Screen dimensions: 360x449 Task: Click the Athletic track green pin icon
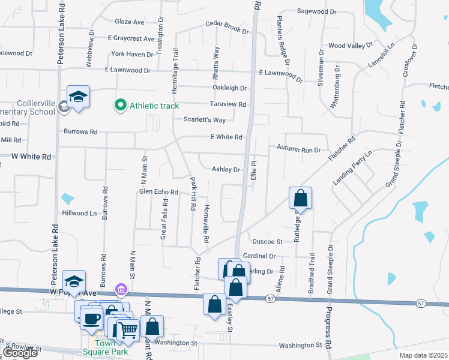(120, 106)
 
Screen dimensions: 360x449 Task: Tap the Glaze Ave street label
(129, 22)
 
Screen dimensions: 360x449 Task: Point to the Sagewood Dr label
(316, 11)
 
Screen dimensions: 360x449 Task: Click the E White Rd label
(226, 137)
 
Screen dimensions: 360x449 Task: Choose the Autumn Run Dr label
(299, 148)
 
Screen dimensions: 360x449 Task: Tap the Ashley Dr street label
(226, 169)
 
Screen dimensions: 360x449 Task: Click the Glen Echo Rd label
(158, 192)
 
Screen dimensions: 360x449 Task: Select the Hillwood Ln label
(79, 213)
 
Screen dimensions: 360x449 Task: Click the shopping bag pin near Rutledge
(301, 198)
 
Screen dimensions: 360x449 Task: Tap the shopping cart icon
(128, 329)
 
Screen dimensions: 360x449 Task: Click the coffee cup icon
(91, 318)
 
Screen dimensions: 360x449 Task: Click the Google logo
(19, 353)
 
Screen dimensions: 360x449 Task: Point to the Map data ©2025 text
(423, 355)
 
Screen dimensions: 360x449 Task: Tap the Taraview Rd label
(228, 104)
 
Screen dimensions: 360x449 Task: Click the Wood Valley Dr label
(348, 46)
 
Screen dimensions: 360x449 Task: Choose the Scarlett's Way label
(205, 120)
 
